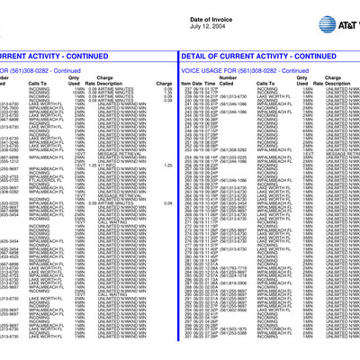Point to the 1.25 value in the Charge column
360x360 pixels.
coord(167,166)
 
